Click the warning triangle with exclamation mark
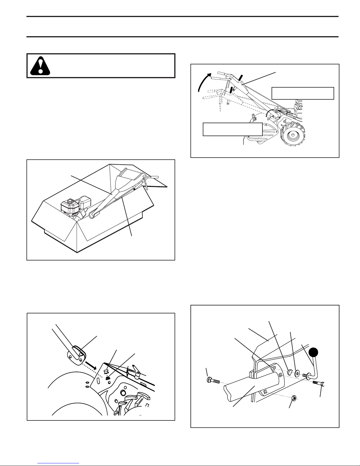[40, 66]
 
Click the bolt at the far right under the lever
[320, 384]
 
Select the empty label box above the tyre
[303, 93]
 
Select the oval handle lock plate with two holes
[75, 356]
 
